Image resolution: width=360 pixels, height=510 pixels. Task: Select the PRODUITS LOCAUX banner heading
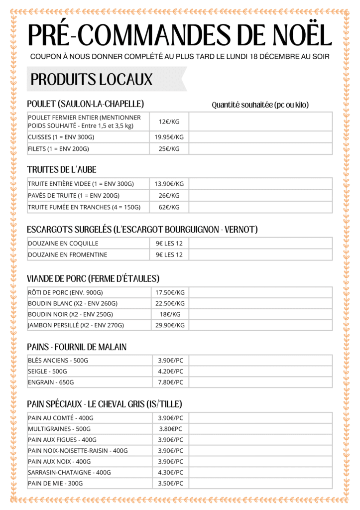[x=92, y=79]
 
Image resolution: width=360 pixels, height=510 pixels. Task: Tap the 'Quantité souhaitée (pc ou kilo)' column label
[x=260, y=105]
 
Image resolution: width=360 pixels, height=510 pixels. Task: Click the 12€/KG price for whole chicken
[x=169, y=122]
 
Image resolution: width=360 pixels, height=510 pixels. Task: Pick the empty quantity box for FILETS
[x=260, y=149]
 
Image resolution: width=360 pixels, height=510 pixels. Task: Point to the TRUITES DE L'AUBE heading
[x=62, y=170]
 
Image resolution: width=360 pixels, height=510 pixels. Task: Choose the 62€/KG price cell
[x=169, y=207]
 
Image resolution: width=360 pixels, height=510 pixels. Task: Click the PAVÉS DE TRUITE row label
[x=74, y=196]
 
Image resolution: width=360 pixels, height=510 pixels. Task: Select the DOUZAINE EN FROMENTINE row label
[x=68, y=255]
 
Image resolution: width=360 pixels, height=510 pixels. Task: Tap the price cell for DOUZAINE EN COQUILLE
[x=169, y=244]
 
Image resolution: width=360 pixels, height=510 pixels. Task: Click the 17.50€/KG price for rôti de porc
[x=170, y=292]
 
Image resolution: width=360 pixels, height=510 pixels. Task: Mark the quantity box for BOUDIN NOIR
[x=260, y=314]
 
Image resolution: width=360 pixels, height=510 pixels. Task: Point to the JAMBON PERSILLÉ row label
[x=76, y=325]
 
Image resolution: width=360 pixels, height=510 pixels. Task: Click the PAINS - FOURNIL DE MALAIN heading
[x=77, y=347]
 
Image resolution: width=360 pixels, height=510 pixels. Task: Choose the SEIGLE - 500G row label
[x=48, y=372]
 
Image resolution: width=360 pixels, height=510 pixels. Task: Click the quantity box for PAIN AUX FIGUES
[x=260, y=440]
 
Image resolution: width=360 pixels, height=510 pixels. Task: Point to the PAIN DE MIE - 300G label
[x=55, y=484]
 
